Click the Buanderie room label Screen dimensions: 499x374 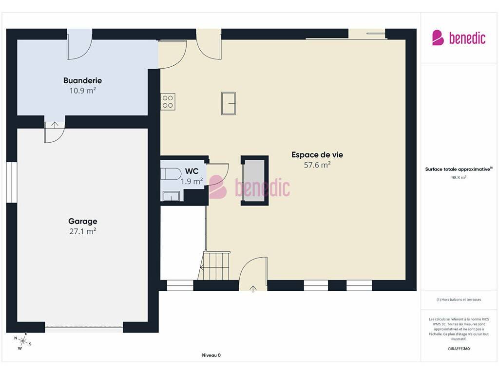pos(82,80)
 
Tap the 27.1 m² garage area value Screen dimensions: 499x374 pos(83,231)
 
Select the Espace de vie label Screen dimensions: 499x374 pos(317,155)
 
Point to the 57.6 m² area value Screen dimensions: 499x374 pos(317,165)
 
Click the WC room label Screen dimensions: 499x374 pos(192,171)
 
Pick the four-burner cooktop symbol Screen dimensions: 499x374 pos(168,102)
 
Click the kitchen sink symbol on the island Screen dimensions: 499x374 pos(229,103)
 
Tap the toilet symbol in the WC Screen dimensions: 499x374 pos(171,174)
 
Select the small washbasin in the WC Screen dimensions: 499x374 pos(171,196)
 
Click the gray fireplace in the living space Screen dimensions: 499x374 pos(254,181)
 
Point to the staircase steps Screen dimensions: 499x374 pos(214,265)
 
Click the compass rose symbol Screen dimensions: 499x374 pos(22,341)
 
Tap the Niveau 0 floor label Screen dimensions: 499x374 pos(211,355)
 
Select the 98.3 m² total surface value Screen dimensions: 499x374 pos(459,177)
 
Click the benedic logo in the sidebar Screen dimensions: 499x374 pos(459,38)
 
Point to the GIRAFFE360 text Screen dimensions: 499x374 pos(459,349)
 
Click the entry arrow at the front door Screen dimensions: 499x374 pos(253,289)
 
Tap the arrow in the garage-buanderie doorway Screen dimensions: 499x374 pos(55,125)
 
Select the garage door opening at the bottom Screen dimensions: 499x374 pos(84,327)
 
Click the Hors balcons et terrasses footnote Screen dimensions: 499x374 pos(459,299)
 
